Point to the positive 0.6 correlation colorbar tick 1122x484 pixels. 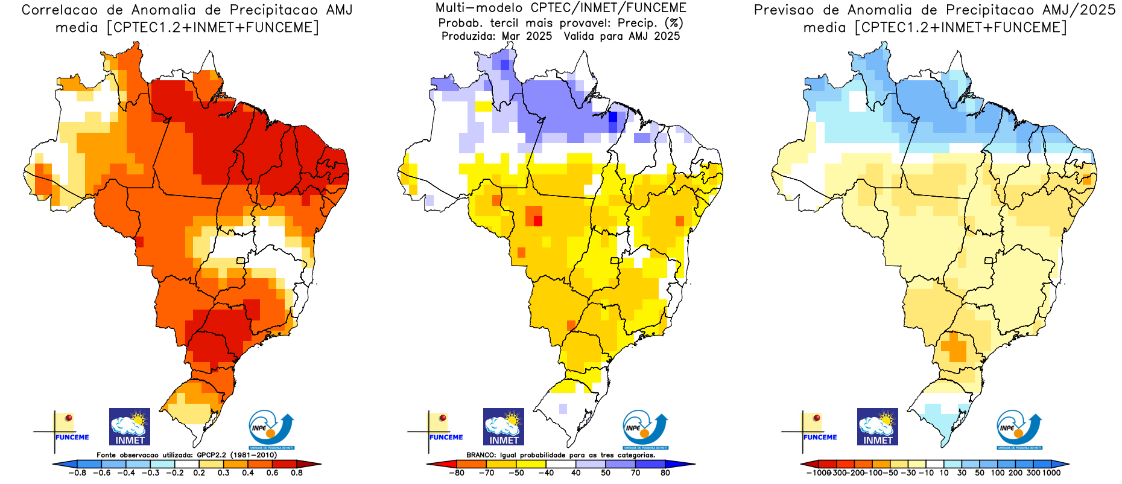click(x=273, y=473)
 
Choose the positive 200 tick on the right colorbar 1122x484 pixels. click(x=1016, y=473)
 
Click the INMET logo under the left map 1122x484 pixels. click(x=129, y=427)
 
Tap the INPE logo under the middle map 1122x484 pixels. click(x=645, y=430)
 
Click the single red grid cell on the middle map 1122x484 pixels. click(x=537, y=221)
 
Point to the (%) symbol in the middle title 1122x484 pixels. click(x=673, y=23)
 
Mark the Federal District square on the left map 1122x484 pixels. click(x=241, y=261)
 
